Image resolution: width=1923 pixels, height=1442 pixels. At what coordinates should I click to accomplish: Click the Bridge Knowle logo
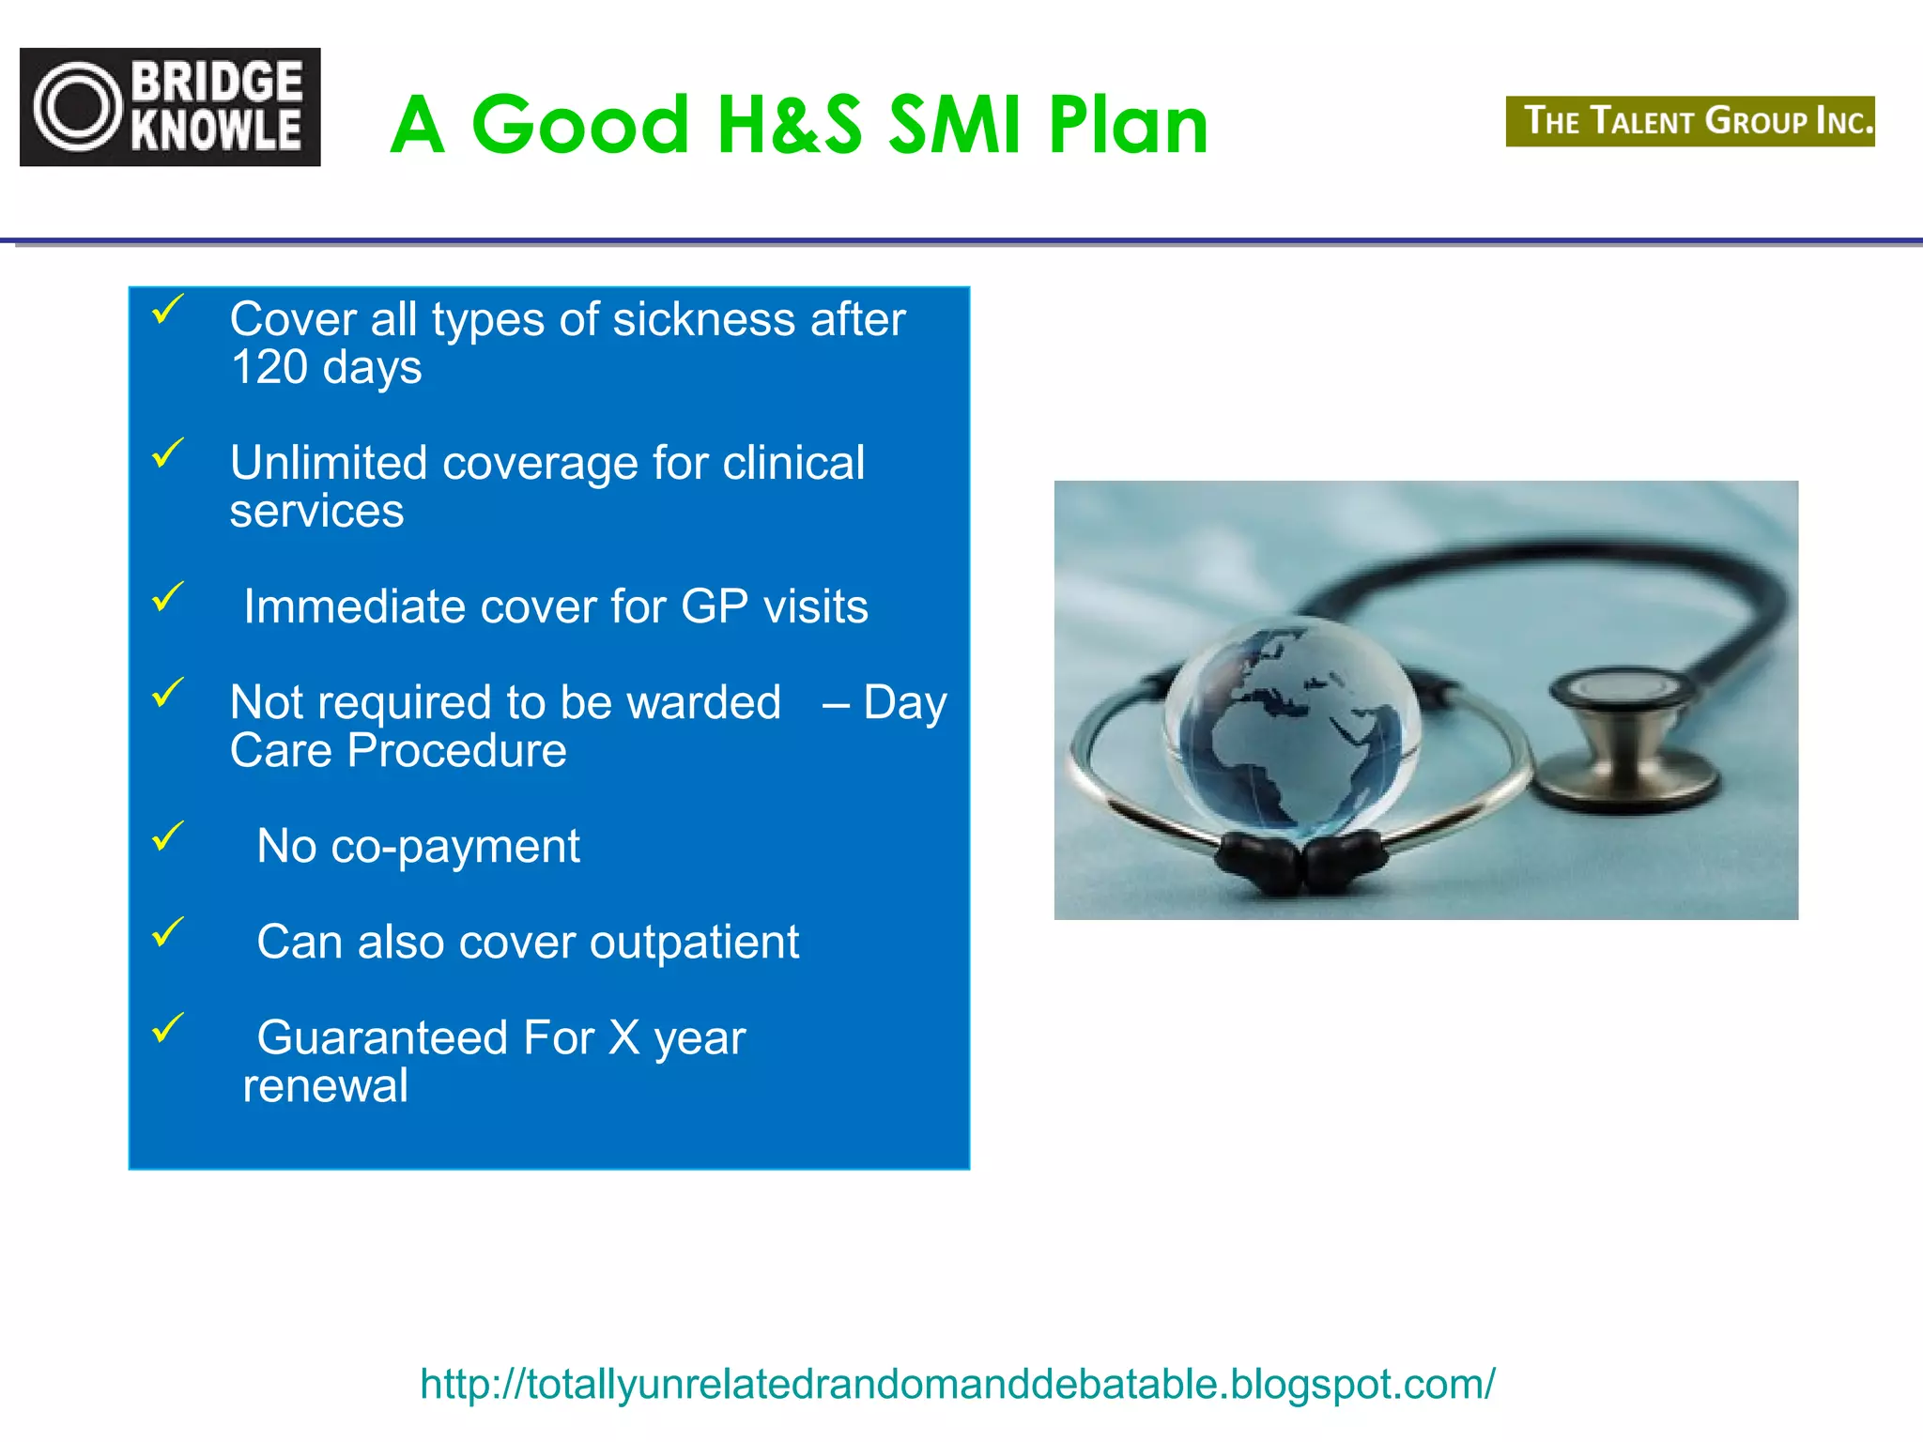coord(170,107)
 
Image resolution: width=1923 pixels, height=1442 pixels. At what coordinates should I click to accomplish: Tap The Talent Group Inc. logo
coord(1689,121)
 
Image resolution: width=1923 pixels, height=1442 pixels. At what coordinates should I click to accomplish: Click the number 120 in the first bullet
coord(269,367)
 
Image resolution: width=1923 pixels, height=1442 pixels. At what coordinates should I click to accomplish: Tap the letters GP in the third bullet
coord(714,606)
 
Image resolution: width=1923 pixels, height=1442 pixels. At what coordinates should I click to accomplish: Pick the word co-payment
coord(455,846)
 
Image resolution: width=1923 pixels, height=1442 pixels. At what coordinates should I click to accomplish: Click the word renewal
coord(325,1086)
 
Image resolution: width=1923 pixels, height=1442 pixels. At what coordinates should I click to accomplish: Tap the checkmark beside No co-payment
coord(168,835)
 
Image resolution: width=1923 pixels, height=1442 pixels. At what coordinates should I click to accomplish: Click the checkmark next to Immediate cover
coord(168,595)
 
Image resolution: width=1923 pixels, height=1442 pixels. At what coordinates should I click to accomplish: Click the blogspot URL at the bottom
coord(957,1384)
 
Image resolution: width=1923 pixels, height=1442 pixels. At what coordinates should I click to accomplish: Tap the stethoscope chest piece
coord(1624,737)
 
